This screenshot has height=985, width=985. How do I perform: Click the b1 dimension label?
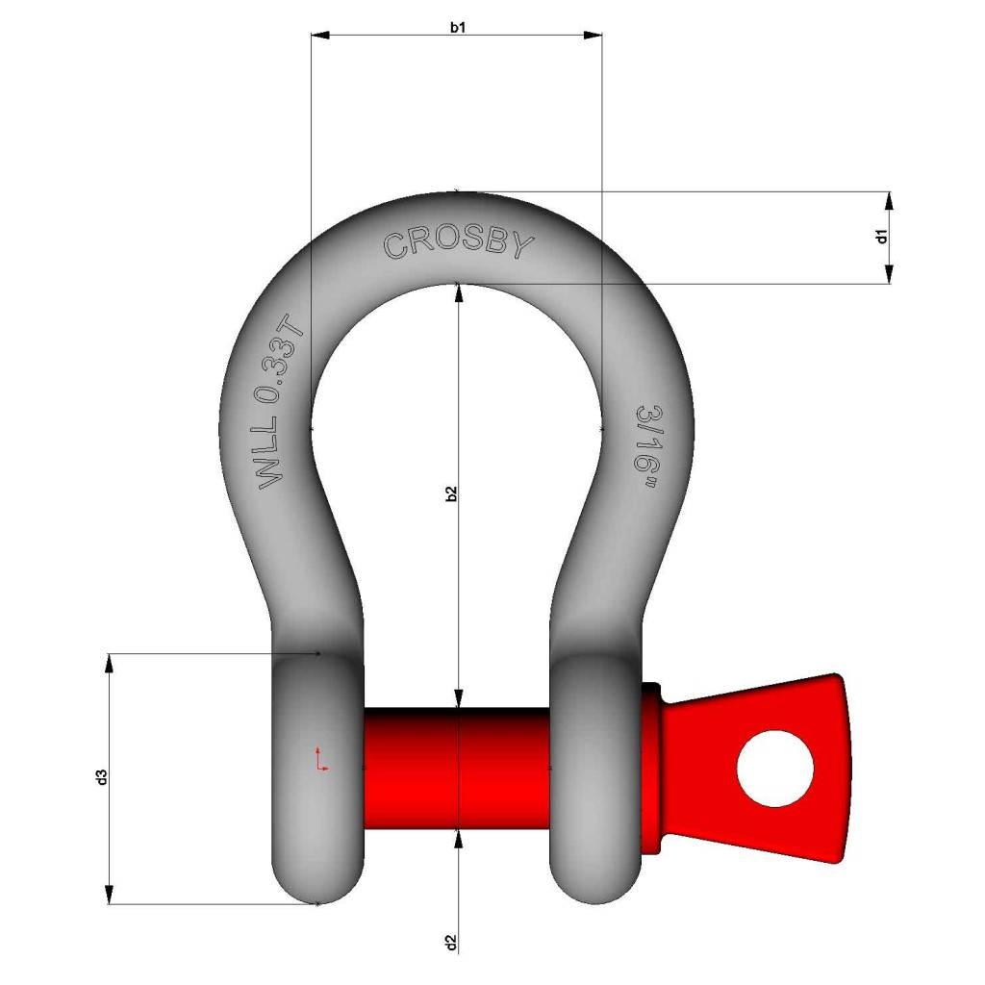(x=459, y=26)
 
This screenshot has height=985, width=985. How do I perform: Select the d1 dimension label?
(x=881, y=237)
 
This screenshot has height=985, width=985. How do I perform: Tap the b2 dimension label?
(x=451, y=492)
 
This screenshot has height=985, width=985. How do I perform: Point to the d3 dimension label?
(x=101, y=777)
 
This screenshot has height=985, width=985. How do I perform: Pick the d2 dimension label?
(x=450, y=943)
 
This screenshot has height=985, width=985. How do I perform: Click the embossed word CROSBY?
(x=458, y=244)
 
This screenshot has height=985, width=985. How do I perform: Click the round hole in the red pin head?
(x=774, y=769)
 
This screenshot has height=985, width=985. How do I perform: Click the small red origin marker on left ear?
(x=321, y=759)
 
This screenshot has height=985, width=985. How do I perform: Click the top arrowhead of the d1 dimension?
(x=889, y=199)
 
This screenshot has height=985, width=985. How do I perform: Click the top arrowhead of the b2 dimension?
(x=459, y=292)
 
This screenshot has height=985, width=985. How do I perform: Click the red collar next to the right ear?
(x=652, y=769)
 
